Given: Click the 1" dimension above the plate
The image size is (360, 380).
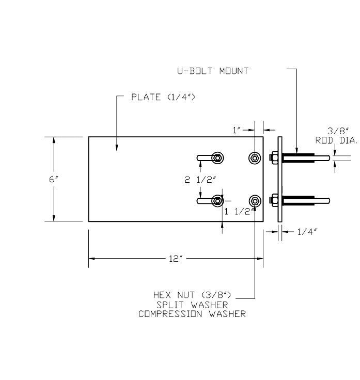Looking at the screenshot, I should point(237,130).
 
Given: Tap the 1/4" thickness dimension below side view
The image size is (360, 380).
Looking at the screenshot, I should point(307,232).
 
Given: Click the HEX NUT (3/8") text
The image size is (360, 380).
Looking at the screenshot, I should point(192,295).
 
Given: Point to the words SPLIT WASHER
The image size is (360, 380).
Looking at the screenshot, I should point(192,304).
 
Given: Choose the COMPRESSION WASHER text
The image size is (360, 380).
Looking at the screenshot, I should point(192,313).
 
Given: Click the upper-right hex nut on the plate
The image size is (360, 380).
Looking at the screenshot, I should point(255,157).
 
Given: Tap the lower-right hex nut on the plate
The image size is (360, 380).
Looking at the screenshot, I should point(255,200).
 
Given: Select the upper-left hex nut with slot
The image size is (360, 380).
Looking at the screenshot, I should point(218,157).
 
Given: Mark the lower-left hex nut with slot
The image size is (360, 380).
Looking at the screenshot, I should point(218,200).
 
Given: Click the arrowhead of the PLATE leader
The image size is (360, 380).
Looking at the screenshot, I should point(117,148).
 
